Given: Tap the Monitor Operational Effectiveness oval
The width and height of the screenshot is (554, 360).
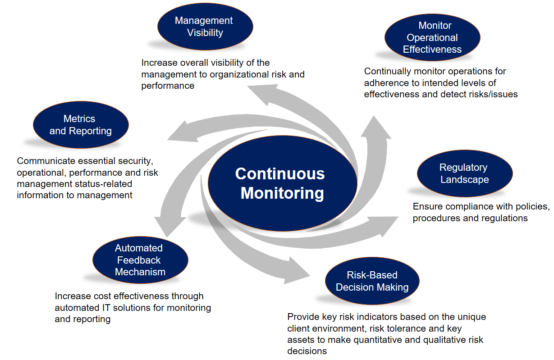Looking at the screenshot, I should (x=432, y=37).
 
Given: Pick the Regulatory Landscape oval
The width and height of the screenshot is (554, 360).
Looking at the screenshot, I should (x=464, y=173).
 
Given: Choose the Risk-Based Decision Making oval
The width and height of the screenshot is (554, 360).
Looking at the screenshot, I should (x=372, y=281).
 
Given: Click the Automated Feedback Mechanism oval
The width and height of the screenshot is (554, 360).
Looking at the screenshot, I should (x=140, y=260).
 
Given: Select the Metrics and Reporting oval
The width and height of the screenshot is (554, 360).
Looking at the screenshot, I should (x=81, y=125).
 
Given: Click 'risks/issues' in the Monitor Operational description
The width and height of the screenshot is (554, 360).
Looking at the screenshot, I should (x=492, y=94).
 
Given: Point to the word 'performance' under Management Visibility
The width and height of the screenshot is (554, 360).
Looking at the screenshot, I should (x=168, y=86).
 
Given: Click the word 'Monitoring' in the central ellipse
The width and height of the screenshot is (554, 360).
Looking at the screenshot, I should (x=282, y=193).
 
